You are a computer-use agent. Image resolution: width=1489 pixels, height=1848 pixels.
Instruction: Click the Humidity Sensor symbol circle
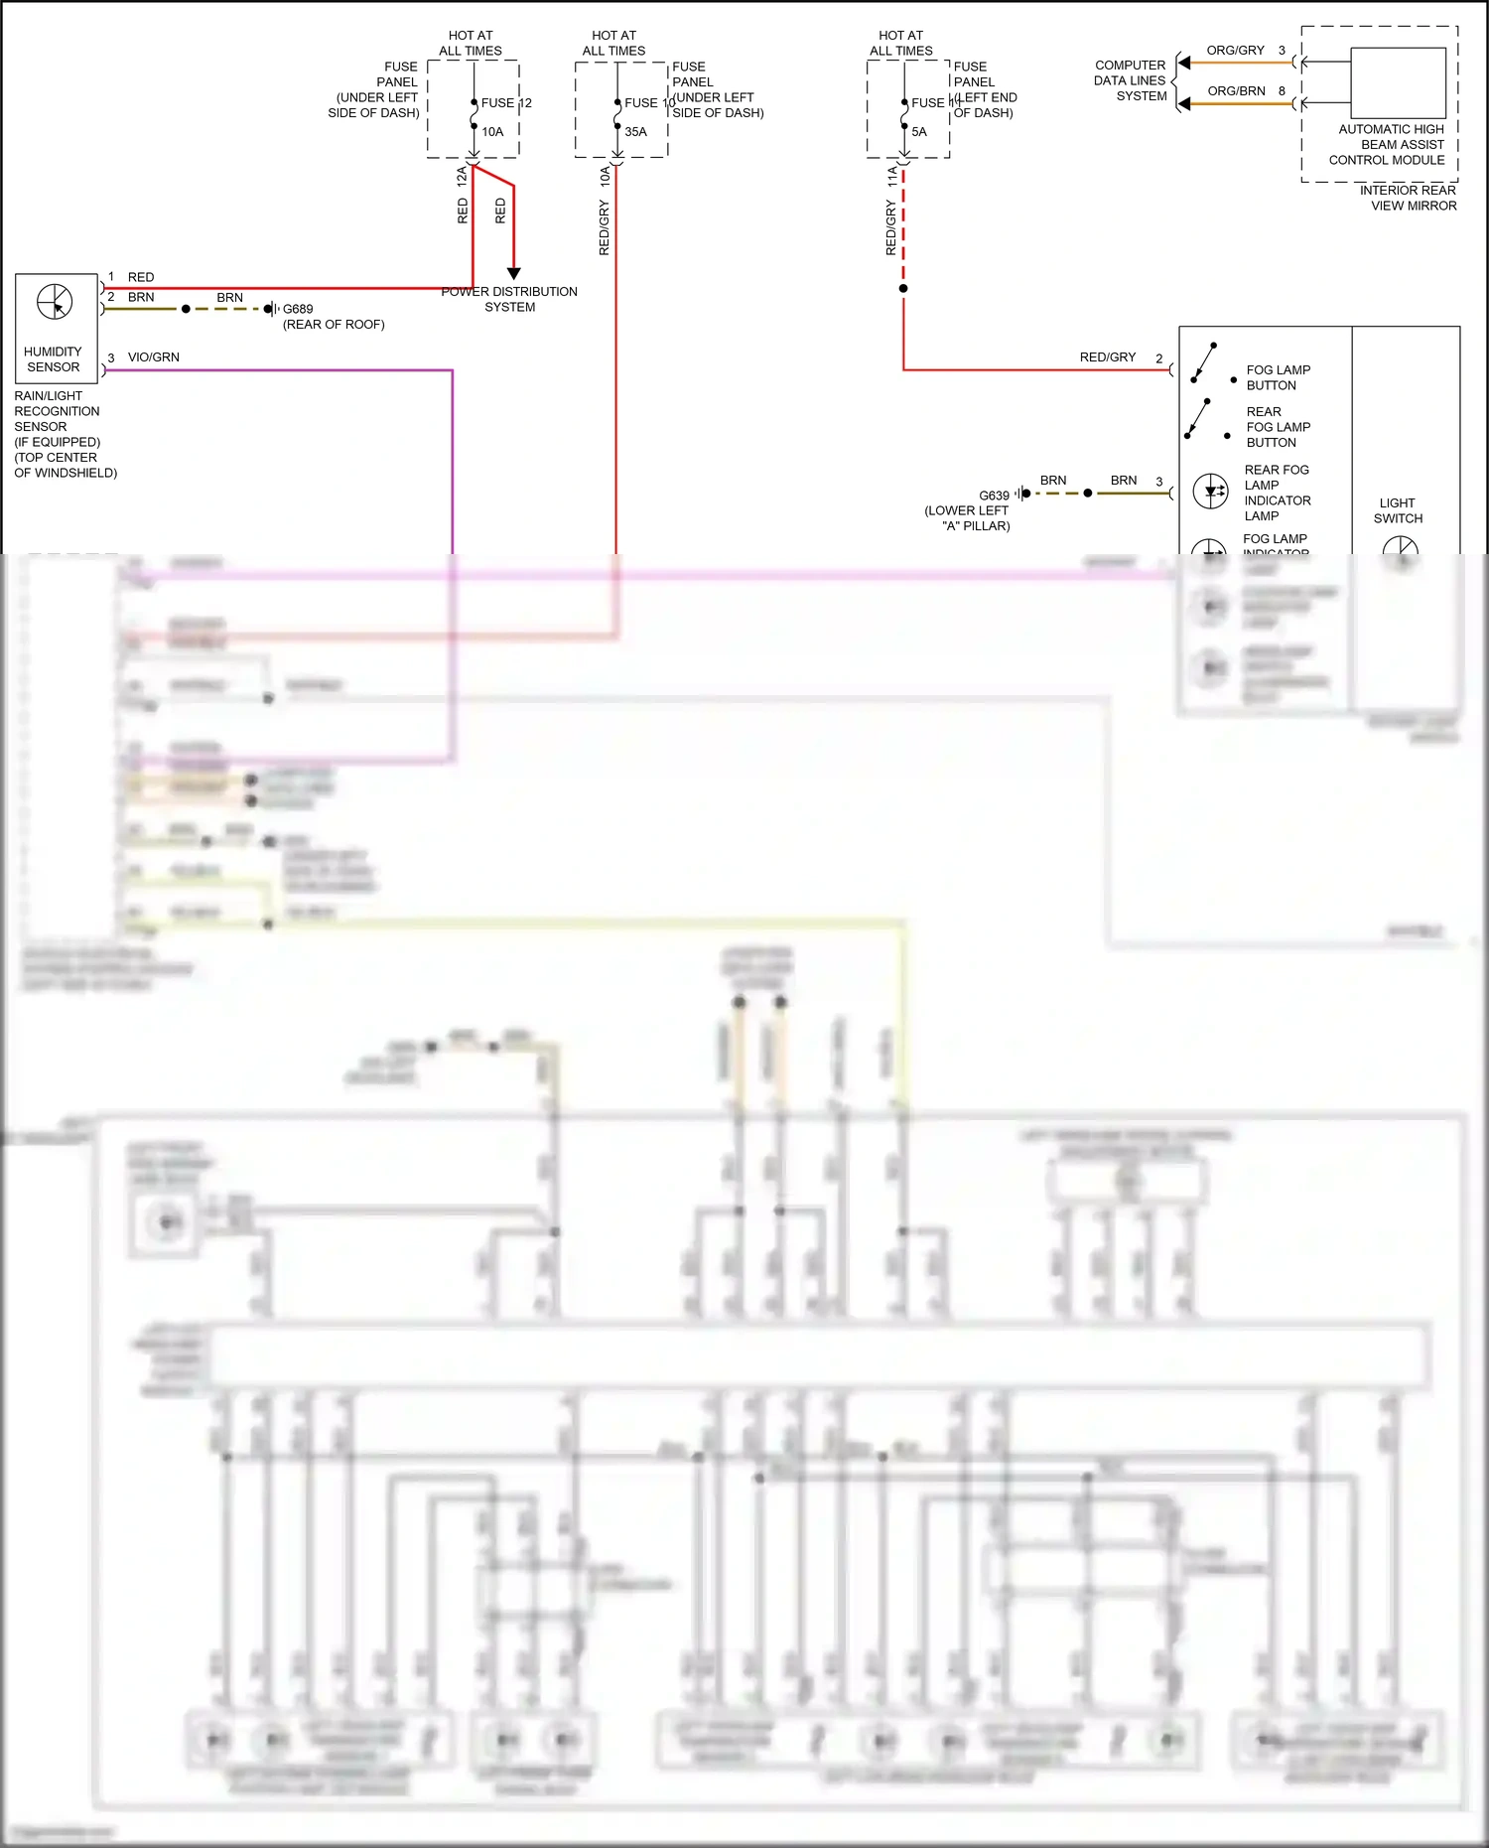55,301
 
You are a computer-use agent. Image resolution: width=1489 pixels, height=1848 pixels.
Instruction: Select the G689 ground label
298,309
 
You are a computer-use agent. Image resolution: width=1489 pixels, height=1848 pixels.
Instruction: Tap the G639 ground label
994,496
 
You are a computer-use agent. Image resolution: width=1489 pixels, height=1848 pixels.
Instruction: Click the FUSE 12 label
506,103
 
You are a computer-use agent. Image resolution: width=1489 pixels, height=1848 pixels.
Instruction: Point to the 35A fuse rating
635,132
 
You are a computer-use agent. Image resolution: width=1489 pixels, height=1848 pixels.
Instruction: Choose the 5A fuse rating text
919,132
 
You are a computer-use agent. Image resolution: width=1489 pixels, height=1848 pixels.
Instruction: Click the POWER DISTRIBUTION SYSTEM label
509,299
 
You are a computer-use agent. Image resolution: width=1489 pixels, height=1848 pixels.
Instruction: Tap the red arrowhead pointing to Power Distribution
513,273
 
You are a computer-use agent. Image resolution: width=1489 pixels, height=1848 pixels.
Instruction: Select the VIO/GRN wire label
154,357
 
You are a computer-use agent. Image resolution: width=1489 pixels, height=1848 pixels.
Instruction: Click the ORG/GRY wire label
1235,51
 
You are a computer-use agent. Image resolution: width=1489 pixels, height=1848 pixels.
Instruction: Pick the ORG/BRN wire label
1236,91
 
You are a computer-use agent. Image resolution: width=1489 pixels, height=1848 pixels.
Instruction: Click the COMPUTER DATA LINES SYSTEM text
1131,80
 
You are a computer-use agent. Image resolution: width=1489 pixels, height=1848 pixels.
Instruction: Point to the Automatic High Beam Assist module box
1398,83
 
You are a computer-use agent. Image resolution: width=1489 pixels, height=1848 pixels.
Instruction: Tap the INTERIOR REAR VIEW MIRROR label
1408,198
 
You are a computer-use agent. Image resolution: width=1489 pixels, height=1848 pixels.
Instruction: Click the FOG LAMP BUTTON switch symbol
1204,363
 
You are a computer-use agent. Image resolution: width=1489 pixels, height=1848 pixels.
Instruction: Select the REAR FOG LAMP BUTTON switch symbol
1198,419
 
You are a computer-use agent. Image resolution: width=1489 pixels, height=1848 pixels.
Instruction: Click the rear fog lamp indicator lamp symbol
1211,492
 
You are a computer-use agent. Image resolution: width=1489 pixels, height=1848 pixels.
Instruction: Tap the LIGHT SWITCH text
1398,510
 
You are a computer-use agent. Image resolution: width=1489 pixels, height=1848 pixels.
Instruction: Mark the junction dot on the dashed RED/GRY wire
903,289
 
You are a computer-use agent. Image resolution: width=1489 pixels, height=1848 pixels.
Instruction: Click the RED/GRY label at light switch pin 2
1107,357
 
